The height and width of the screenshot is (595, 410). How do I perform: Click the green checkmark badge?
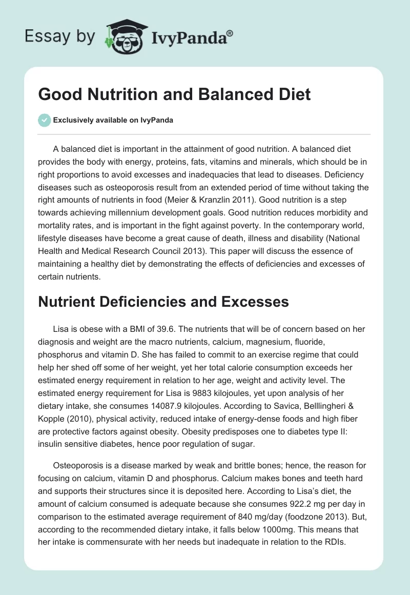click(44, 120)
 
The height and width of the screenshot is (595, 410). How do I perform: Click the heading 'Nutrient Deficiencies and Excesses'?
click(163, 301)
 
